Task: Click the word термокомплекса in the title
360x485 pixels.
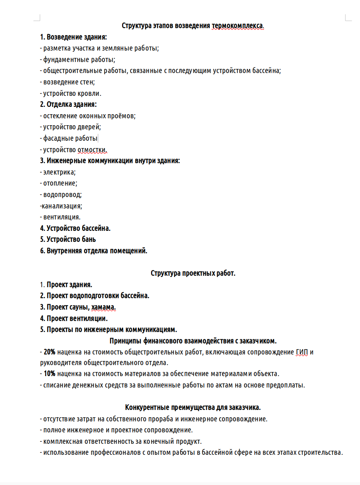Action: [238, 26]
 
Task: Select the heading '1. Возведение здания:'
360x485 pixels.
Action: [73, 37]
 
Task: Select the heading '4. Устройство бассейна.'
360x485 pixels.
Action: [76, 228]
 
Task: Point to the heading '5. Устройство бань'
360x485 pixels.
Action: [68, 239]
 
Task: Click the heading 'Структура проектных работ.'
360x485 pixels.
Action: [193, 273]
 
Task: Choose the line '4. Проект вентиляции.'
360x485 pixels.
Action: [74, 318]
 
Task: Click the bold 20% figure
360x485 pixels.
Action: [49, 352]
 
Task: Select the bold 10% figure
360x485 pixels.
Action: [49, 373]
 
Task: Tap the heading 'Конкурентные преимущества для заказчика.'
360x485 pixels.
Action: [193, 407]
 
